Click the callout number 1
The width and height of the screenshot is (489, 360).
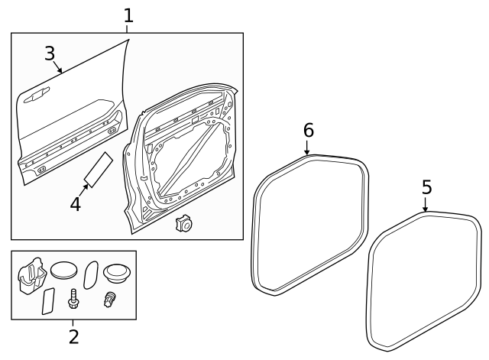pyautogui.click(x=128, y=15)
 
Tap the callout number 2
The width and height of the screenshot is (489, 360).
pyautogui.click(x=73, y=336)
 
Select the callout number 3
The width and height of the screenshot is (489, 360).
pyautogui.click(x=50, y=53)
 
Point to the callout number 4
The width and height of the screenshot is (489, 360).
pyautogui.click(x=75, y=204)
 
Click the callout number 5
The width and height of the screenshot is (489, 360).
pyautogui.click(x=426, y=186)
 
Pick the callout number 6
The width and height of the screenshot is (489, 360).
pyautogui.click(x=308, y=130)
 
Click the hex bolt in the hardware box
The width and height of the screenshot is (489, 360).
pyautogui.click(x=75, y=300)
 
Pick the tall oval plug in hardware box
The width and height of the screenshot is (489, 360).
pyautogui.click(x=90, y=274)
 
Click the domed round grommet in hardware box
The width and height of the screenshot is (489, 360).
pyautogui.click(x=118, y=272)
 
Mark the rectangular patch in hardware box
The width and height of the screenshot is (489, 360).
pyautogui.click(x=47, y=302)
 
